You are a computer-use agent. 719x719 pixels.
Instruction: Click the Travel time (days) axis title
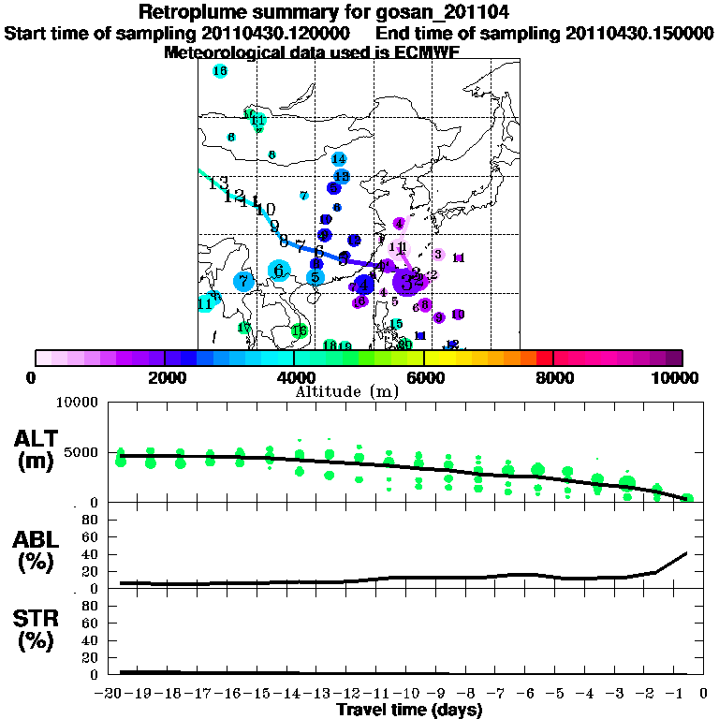(409, 711)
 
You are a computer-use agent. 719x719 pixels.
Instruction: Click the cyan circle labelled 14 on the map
(339, 159)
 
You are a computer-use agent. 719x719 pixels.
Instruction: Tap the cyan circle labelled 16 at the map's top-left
(220, 71)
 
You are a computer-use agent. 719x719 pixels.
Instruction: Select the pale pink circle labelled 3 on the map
(437, 254)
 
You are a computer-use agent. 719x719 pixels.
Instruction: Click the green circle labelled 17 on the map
(243, 328)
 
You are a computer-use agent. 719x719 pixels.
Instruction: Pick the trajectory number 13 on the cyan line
(217, 183)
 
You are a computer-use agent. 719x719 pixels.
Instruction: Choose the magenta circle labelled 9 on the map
(438, 317)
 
